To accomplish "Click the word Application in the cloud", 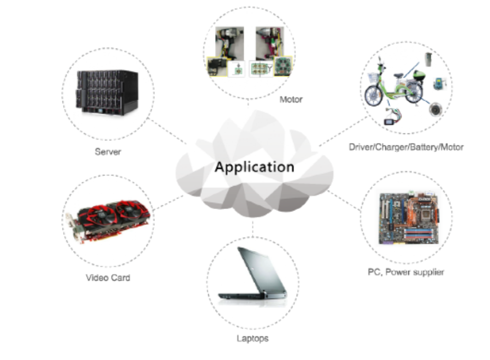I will (254, 167).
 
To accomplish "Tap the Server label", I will (108, 152).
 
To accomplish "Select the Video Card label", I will (108, 278).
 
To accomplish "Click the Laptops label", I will (252, 339).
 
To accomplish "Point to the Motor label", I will (291, 99).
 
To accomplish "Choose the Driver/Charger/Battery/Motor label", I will (406, 147).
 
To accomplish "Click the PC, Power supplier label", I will (406, 272).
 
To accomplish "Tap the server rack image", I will (107, 92).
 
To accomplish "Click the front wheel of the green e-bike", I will (373, 95).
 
